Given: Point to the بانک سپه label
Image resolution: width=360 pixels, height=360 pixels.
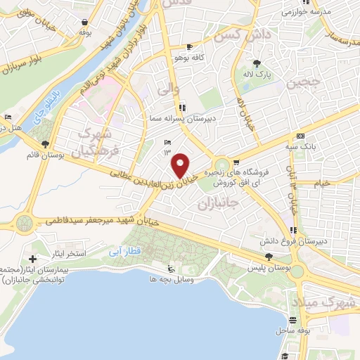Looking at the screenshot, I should click(x=301, y=146).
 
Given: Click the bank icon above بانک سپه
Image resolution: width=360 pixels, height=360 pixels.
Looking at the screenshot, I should click(x=301, y=136).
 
